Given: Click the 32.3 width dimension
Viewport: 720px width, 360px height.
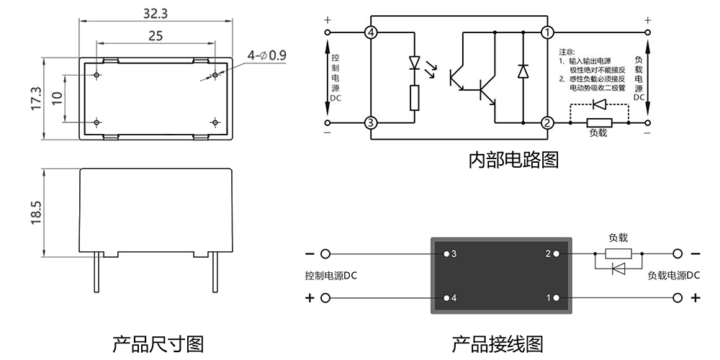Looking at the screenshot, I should pos(155,13).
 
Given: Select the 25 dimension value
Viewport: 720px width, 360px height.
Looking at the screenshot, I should pos(155,35).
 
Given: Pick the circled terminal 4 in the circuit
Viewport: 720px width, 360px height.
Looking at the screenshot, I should pos(371,32).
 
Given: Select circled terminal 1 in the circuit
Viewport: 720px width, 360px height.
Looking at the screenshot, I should pos(548,32).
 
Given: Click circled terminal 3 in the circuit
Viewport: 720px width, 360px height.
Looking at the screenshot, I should pos(371,122).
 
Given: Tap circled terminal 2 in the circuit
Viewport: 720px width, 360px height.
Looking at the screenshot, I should pos(548,122).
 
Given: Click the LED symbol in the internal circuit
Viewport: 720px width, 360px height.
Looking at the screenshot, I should pos(414,63).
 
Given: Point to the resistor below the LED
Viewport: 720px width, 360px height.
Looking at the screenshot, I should pos(414,97).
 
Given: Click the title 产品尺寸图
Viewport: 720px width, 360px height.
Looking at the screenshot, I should pos(158,343).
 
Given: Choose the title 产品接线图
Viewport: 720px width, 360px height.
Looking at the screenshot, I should pos(498,343).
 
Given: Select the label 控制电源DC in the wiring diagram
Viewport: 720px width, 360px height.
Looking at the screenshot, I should pos(331,276).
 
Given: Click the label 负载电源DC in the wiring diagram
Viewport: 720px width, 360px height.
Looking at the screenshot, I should pos(674,276).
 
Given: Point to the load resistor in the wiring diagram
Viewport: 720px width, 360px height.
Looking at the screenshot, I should pos(618,253).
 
